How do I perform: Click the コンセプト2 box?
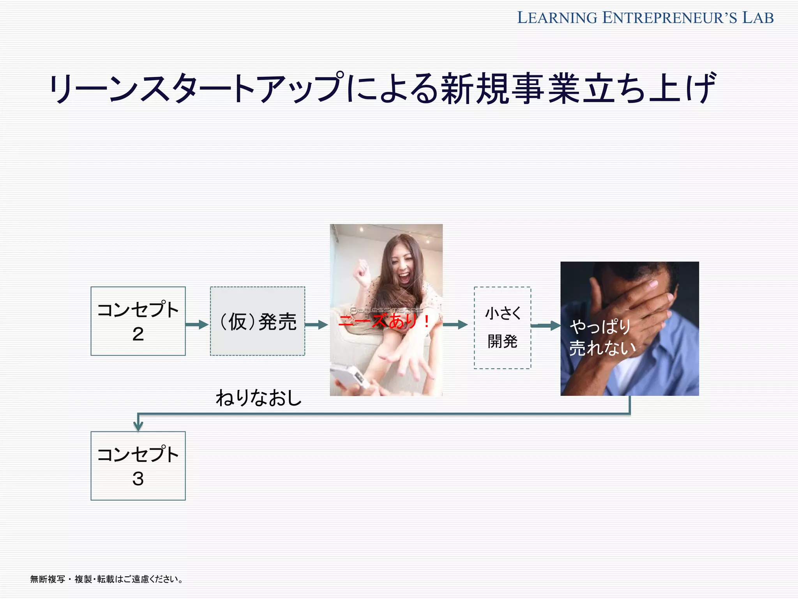click(x=138, y=321)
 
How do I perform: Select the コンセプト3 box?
click(x=138, y=466)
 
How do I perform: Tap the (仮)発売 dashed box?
click(x=257, y=321)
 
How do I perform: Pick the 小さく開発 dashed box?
click(x=502, y=328)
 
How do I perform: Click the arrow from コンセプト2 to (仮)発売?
click(x=197, y=324)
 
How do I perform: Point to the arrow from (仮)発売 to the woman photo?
click(x=316, y=324)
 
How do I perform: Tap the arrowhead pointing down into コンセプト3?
click(x=138, y=425)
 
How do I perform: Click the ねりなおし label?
click(x=259, y=398)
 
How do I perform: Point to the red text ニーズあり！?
click(x=384, y=321)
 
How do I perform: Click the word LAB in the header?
click(x=758, y=18)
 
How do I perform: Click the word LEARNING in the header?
click(x=557, y=18)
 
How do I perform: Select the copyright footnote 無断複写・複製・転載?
click(x=106, y=579)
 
